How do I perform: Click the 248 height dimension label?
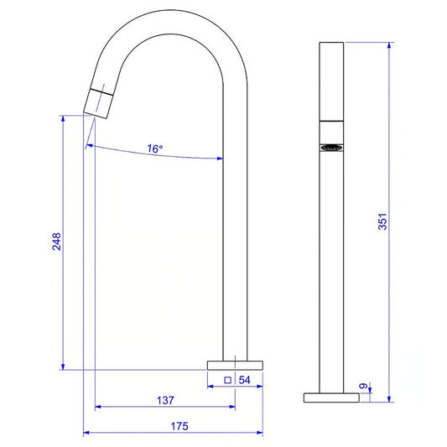point(56,242)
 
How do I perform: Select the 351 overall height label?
point(382,221)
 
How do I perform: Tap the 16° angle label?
point(155,148)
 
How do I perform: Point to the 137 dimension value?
point(165,400)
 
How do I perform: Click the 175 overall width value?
point(179,426)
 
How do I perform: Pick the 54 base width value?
point(244,380)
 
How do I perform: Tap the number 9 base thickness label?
point(363,386)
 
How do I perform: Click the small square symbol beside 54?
point(227,380)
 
